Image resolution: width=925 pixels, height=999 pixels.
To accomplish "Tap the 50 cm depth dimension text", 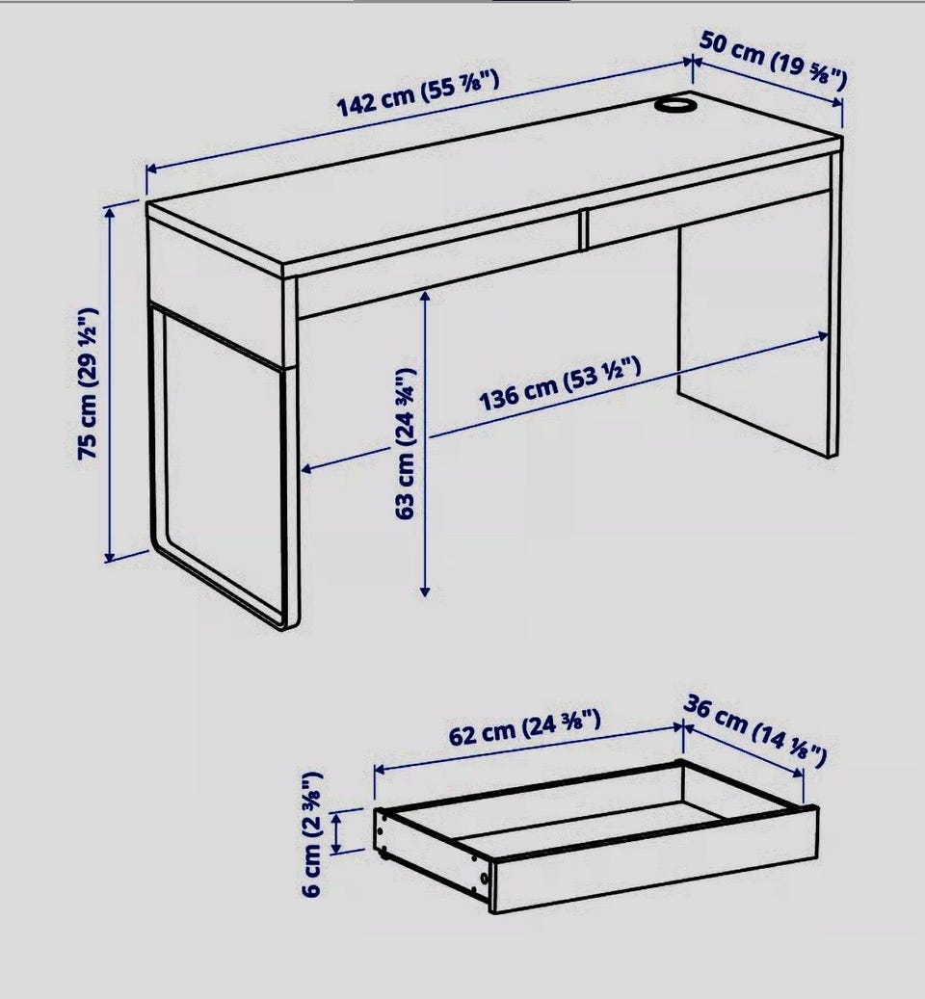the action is click(774, 61).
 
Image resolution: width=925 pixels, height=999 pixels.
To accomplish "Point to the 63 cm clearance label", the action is click(405, 443).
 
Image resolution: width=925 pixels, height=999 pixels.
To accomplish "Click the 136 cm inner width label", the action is click(559, 384).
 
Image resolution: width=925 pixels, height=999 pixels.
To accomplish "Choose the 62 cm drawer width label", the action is click(525, 727).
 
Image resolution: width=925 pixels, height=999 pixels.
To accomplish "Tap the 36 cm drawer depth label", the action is click(755, 731).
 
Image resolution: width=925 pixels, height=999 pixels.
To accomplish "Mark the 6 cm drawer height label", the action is click(311, 834).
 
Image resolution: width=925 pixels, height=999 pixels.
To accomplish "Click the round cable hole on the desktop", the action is click(675, 104).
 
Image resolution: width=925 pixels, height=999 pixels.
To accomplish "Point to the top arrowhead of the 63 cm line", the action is click(426, 296).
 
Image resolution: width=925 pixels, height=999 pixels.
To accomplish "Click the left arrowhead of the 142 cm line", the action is click(152, 169).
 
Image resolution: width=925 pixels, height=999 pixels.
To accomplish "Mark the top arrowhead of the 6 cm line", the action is click(337, 816).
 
